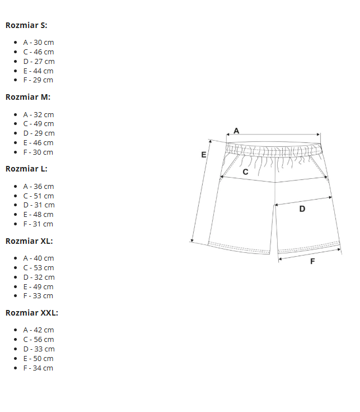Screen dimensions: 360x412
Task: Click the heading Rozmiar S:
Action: pyautogui.click(x=26, y=25)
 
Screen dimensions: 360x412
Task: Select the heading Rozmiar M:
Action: pyautogui.click(x=28, y=97)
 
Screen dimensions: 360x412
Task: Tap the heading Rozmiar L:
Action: pyautogui.click(x=26, y=169)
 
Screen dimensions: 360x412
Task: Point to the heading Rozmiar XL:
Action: pyautogui.click(x=29, y=241)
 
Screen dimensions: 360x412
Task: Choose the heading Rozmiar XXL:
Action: pyautogui.click(x=32, y=313)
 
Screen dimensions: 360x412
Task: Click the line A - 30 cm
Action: pyautogui.click(x=39, y=42)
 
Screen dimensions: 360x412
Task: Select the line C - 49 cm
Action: pyautogui.click(x=39, y=123)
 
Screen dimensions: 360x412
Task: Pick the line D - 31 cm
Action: pyautogui.click(x=39, y=205)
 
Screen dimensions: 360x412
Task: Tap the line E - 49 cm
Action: pyautogui.click(x=38, y=286)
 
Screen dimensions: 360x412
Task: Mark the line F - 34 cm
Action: pyautogui.click(x=38, y=368)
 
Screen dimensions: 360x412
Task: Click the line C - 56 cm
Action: pyautogui.click(x=39, y=340)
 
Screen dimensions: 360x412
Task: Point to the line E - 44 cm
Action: pyautogui.click(x=38, y=71)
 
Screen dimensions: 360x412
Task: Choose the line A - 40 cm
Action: pyautogui.click(x=39, y=258)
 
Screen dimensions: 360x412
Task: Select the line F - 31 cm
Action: pyautogui.click(x=38, y=224)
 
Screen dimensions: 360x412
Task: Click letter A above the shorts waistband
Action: pyautogui.click(x=236, y=131)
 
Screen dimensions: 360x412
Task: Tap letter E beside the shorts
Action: pyautogui.click(x=204, y=155)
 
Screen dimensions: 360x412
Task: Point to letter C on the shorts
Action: pyautogui.click(x=245, y=172)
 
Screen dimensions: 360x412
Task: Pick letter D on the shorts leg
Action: pyautogui.click(x=302, y=209)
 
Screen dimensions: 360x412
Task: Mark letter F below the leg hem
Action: pyautogui.click(x=312, y=261)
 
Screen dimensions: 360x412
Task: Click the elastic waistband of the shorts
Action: pyautogui.click(x=274, y=149)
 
